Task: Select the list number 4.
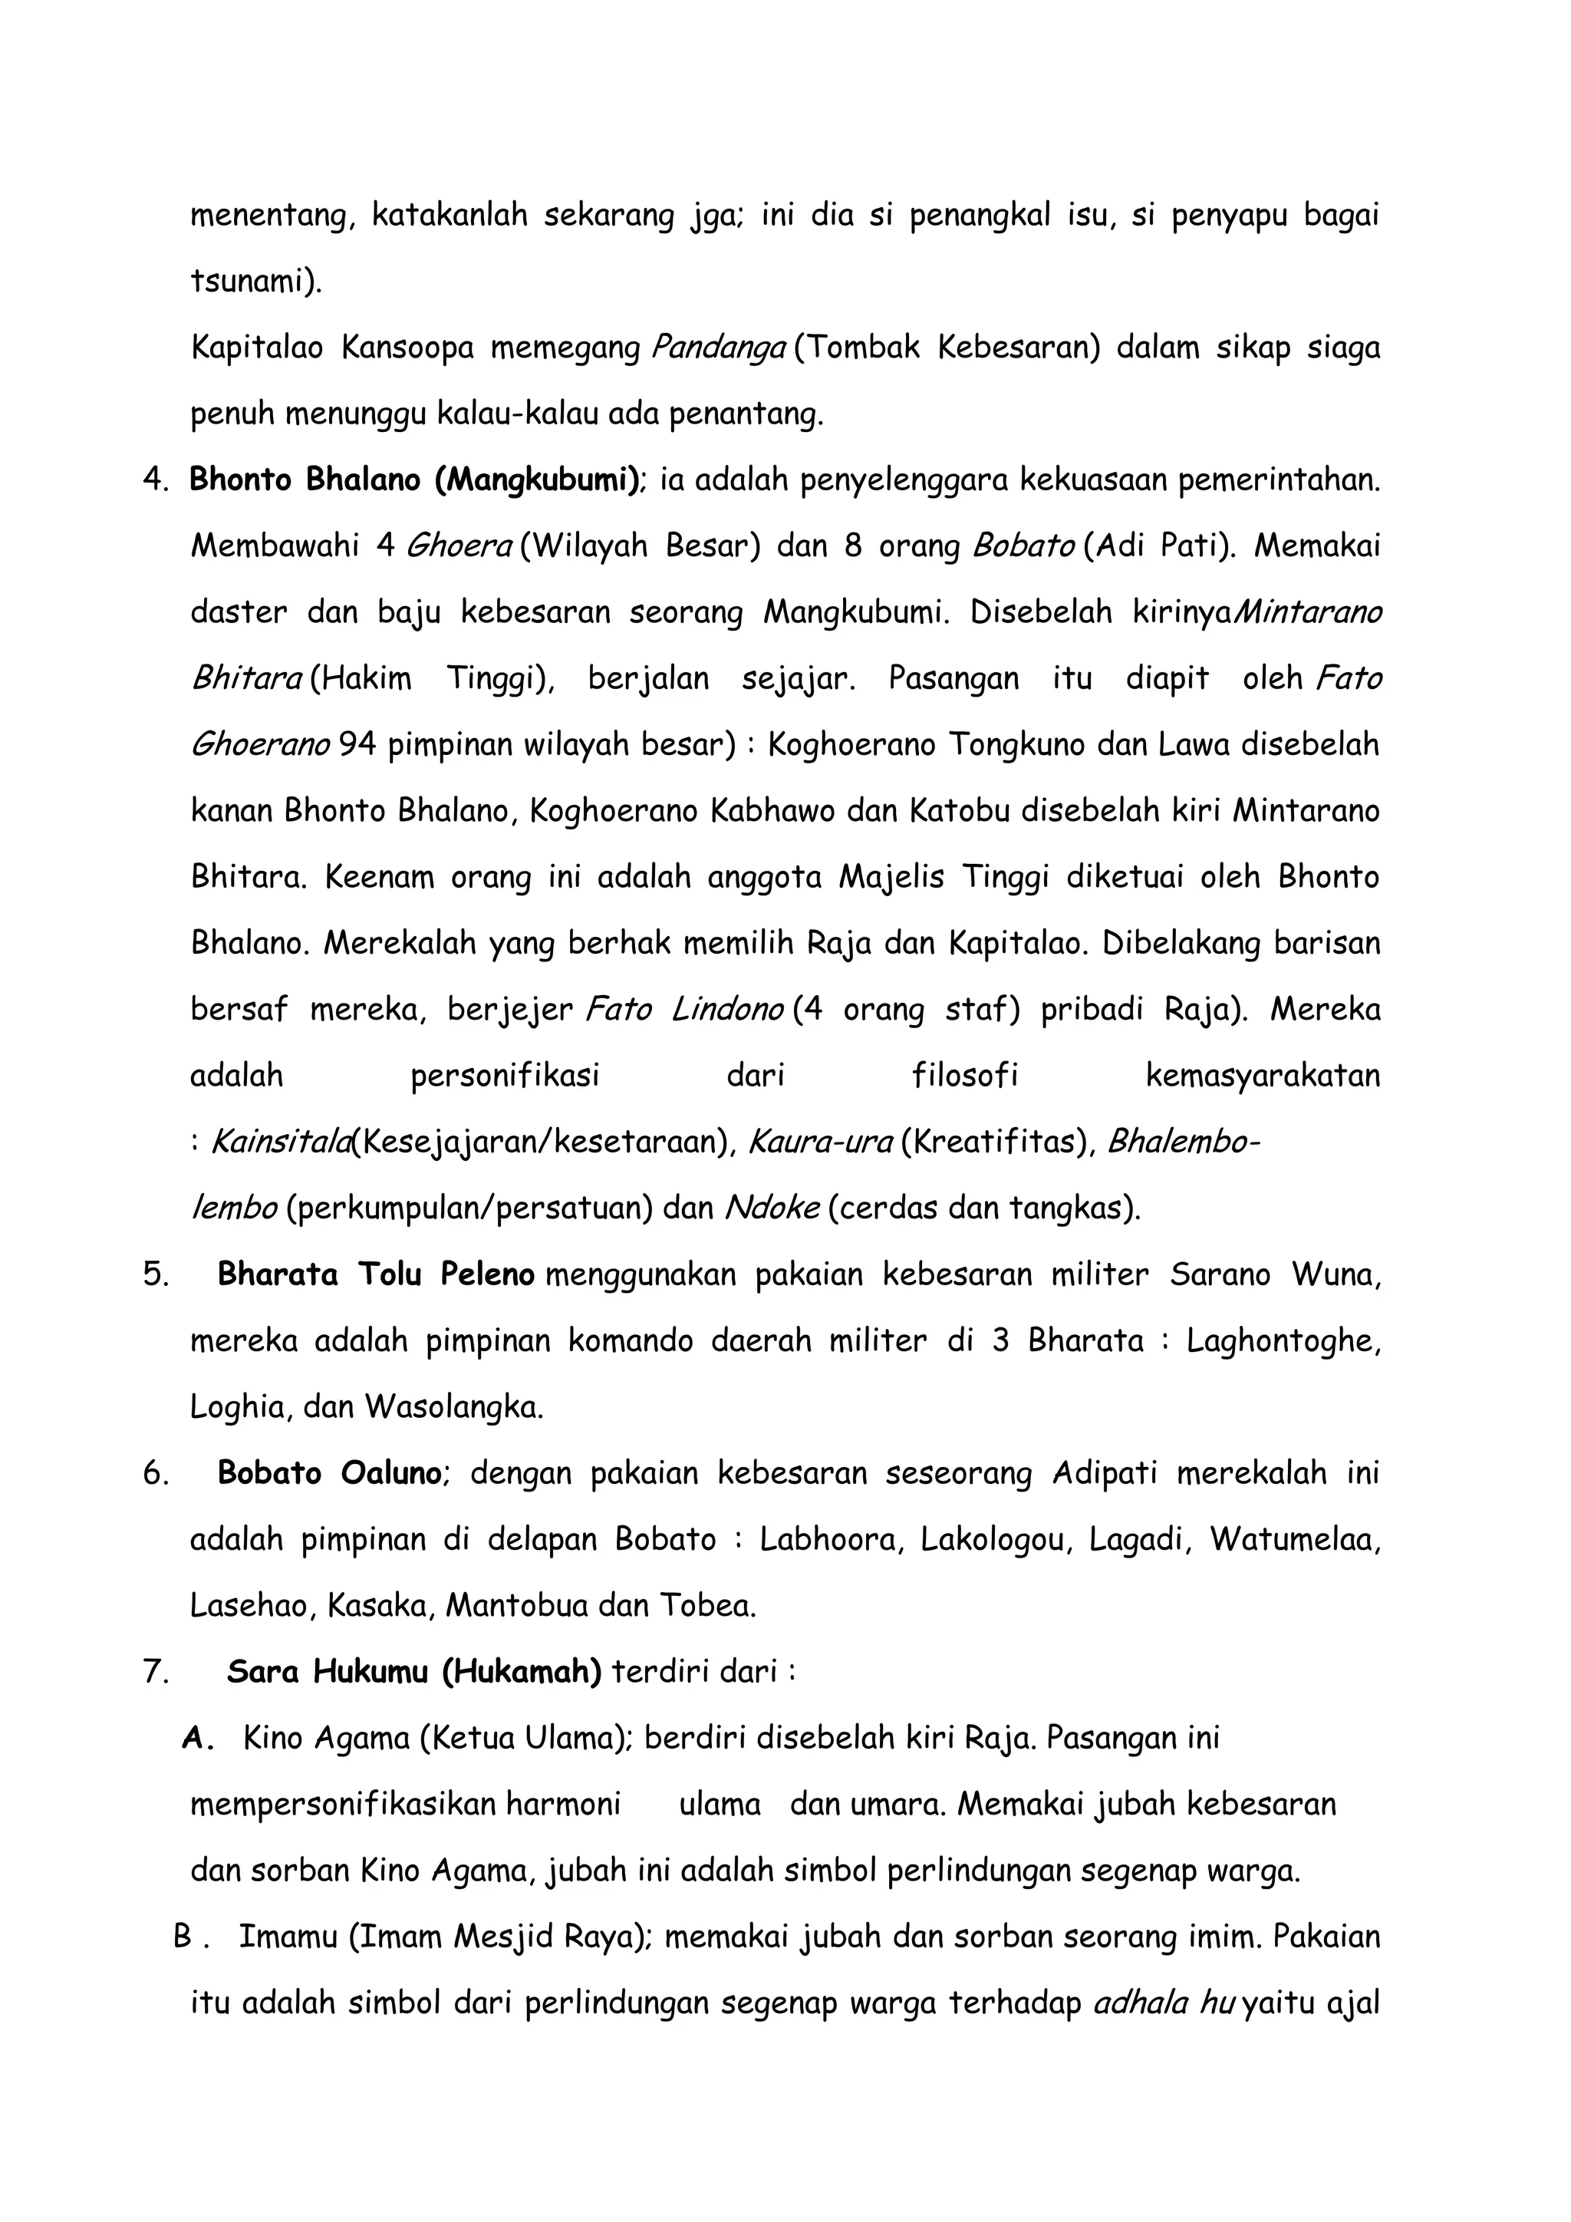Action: (154, 480)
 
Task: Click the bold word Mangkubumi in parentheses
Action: (536, 480)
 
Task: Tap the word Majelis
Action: (890, 878)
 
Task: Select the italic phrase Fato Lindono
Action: (684, 1010)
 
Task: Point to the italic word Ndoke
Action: (772, 1208)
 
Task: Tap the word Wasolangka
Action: (453, 1407)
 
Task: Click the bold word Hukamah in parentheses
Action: (522, 1671)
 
